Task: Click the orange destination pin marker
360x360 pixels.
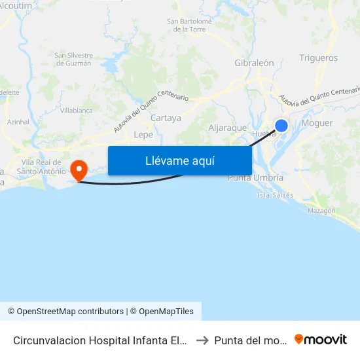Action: coord(79,170)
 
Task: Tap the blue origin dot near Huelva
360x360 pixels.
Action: coord(281,126)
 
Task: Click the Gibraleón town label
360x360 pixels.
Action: coord(254,63)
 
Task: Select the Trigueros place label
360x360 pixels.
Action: coord(318,58)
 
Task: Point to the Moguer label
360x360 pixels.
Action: coord(317,123)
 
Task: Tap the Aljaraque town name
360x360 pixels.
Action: coord(227,128)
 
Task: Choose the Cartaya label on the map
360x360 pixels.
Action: coord(166,118)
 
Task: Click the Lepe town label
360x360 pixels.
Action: coord(143,135)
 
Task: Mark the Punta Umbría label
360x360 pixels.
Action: coord(255,178)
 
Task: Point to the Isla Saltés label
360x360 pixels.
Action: coord(276,195)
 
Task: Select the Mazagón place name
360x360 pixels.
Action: coord(321,211)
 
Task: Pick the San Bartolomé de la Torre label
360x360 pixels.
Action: coord(190,26)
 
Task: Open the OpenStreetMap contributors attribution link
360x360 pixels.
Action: coord(70,312)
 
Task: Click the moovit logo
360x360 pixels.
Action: coord(320,339)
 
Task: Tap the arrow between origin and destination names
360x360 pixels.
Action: coord(202,340)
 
